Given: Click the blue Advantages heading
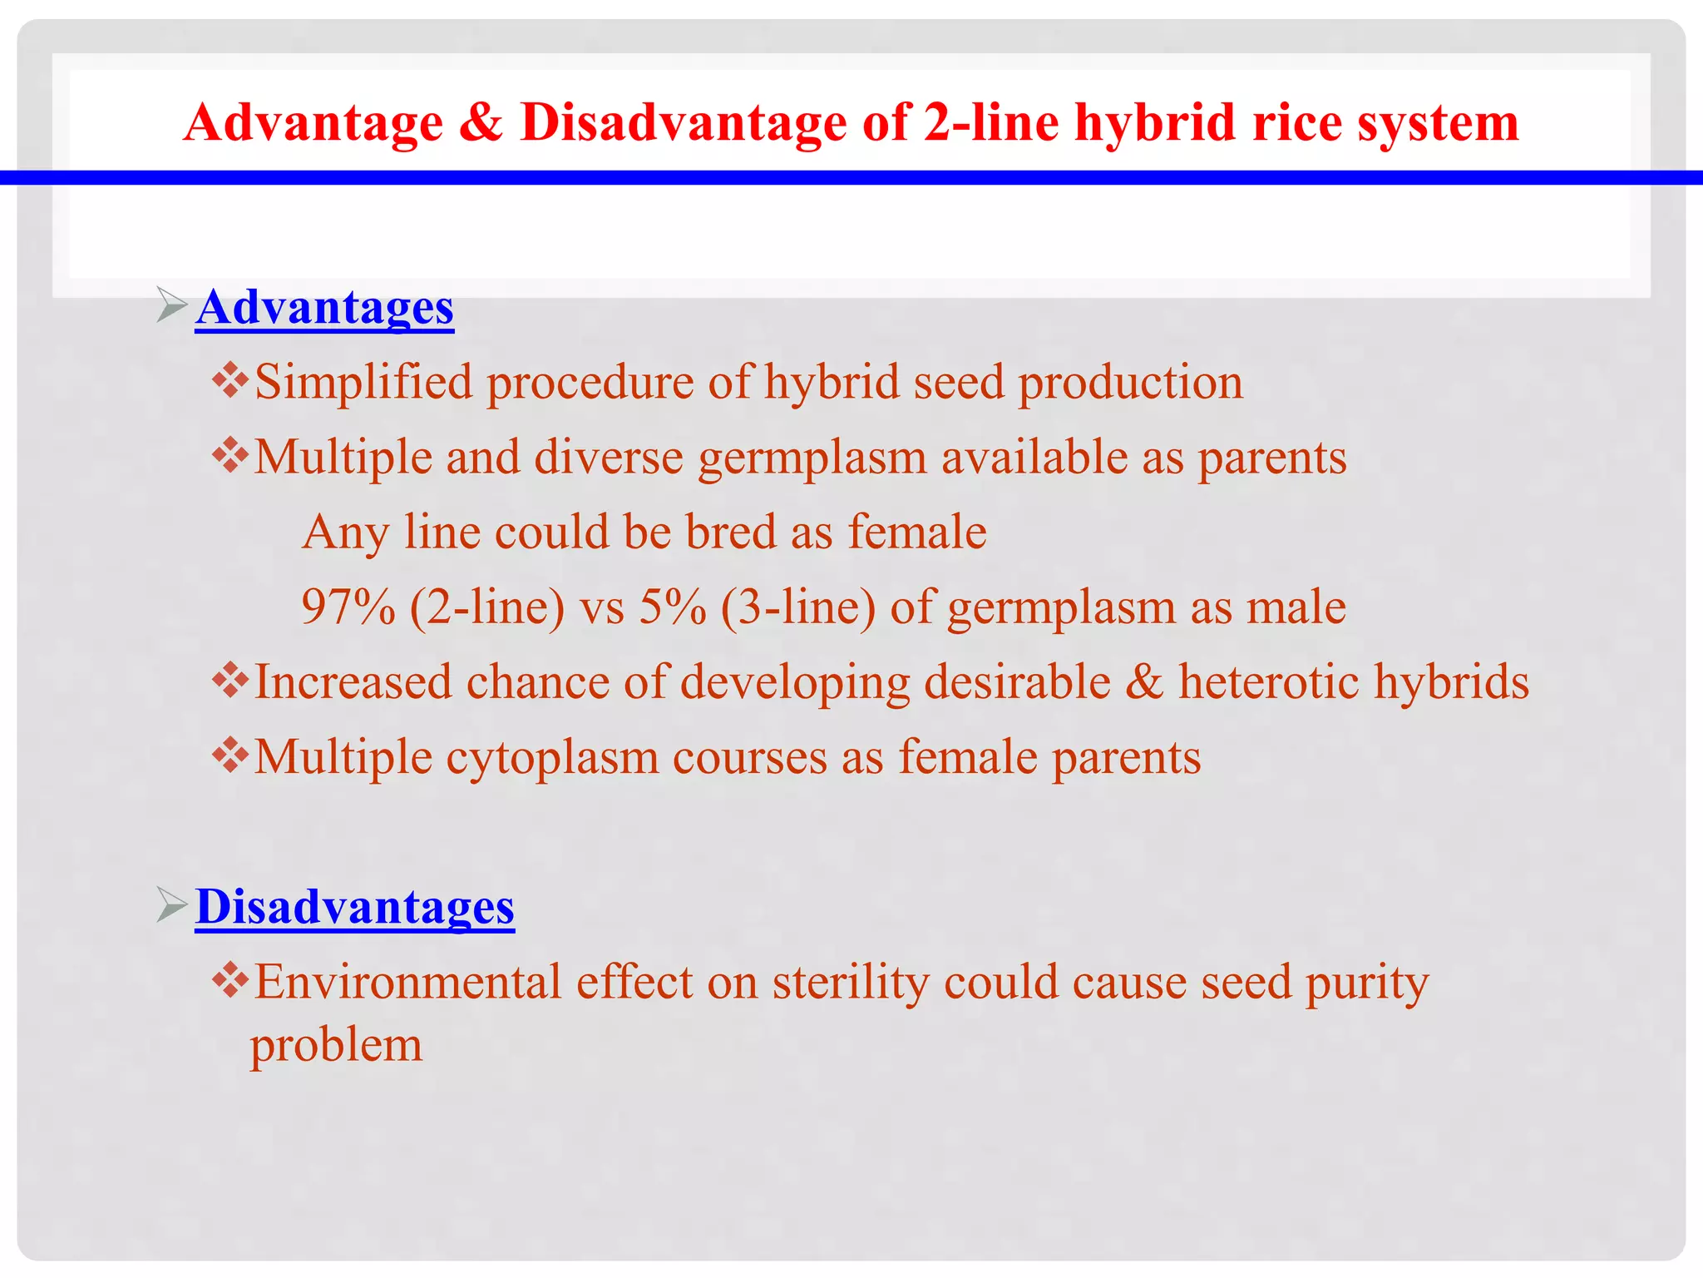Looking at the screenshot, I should click(x=324, y=307).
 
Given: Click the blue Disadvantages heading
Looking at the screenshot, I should click(x=355, y=906).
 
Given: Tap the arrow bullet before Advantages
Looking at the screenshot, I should click(x=170, y=305).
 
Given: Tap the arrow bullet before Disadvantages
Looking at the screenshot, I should click(x=170, y=904).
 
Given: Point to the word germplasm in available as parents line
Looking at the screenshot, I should click(x=812, y=458).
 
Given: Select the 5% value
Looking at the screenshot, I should click(x=672, y=607).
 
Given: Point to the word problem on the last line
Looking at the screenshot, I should click(x=337, y=1046).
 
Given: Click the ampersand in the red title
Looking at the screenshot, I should click(x=481, y=122).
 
